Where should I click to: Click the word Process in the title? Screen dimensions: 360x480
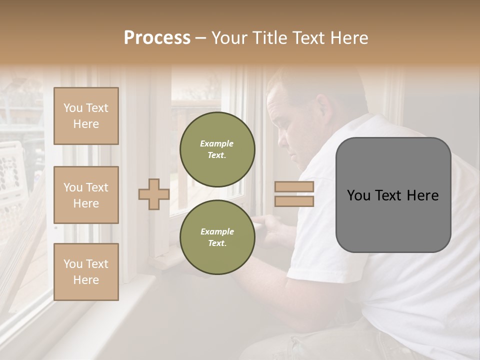tap(157, 38)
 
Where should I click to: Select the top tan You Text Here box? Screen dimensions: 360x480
tap(86, 116)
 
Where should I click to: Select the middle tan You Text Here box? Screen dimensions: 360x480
tap(86, 195)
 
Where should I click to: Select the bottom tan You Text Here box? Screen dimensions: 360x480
tap(86, 272)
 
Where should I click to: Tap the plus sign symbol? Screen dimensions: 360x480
tap(154, 194)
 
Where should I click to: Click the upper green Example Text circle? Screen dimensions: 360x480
tap(217, 149)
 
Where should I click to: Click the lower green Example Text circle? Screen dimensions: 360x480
tap(217, 237)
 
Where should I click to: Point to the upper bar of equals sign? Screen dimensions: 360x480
tap(294, 187)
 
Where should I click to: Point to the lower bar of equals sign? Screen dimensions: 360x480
tap(294, 201)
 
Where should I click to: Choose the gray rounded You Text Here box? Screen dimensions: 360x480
tap(393, 195)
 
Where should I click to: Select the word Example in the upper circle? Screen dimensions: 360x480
tap(217, 143)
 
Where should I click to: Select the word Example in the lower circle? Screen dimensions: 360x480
tap(217, 231)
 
